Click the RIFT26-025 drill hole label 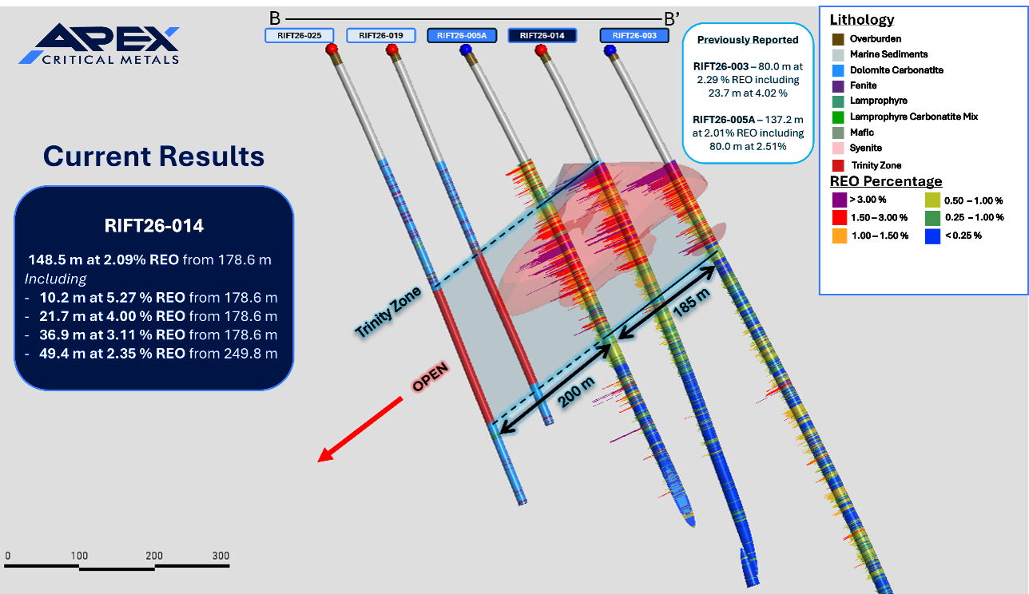click(x=299, y=35)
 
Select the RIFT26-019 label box click(x=381, y=35)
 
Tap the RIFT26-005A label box click(x=462, y=35)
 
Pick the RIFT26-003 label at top click(x=634, y=35)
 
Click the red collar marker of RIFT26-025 click(x=332, y=49)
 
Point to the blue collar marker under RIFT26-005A click(x=466, y=49)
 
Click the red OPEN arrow click(x=360, y=430)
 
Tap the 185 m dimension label click(x=691, y=303)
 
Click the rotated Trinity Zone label click(x=388, y=311)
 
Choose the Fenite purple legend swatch click(x=838, y=86)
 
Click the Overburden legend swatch click(x=838, y=39)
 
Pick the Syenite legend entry click(x=865, y=148)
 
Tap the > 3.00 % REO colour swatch click(x=840, y=200)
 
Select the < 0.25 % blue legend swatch click(x=932, y=236)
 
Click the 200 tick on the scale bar click(x=154, y=556)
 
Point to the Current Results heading click(x=154, y=156)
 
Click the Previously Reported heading click(x=748, y=40)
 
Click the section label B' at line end click(x=672, y=19)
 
